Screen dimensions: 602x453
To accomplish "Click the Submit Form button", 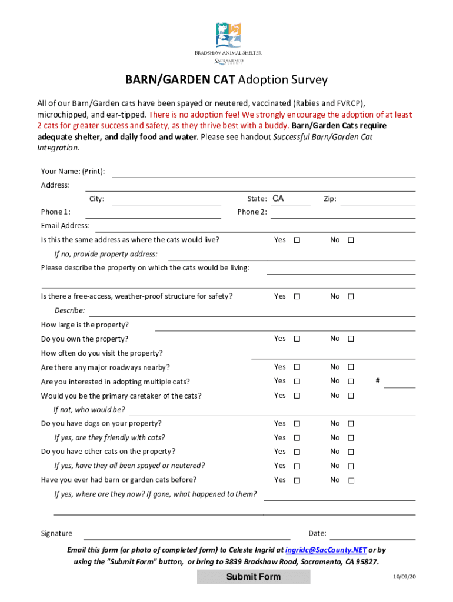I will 254,576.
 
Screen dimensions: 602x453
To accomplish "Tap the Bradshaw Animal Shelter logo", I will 228,36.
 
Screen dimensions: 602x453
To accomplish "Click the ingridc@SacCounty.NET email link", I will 326,550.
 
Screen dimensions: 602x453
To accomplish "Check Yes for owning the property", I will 297,339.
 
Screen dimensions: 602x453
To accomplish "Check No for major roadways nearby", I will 351,367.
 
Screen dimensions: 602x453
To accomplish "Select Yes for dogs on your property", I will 297,424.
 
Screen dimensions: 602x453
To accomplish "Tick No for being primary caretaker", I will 351,396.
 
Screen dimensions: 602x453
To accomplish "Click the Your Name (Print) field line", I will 264,172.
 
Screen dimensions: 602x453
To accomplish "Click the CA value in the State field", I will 278,199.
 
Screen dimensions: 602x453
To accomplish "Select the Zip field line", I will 378,200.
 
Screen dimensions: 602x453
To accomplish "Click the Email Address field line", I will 255,226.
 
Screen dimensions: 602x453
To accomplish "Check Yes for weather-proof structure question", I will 297,297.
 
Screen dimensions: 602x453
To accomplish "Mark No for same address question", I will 351,240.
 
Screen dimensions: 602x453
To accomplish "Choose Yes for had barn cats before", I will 297,480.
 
